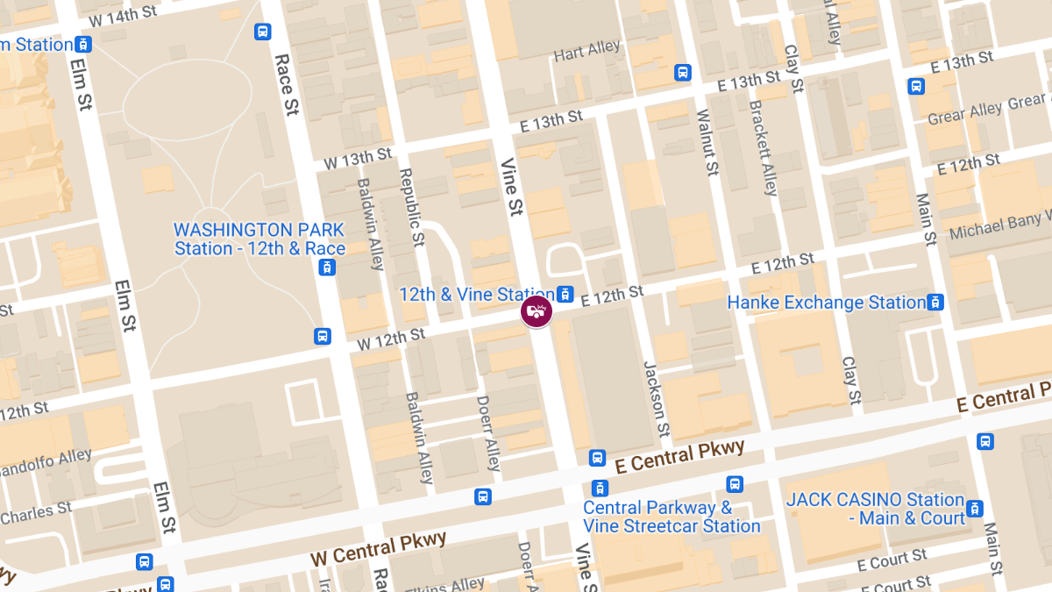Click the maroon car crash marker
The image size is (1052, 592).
point(537,311)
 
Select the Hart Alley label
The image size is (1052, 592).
point(586,51)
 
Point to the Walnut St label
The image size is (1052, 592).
point(707,141)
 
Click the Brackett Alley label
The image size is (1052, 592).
point(762,147)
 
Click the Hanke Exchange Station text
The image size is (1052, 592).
point(826,303)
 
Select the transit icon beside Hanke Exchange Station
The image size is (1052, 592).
point(935,303)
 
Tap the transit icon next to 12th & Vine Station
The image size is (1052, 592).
point(565,295)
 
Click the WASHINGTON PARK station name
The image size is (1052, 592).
point(259,239)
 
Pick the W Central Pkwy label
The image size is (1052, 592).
point(379,549)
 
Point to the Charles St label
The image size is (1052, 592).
point(36,513)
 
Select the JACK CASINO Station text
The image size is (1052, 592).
point(875,509)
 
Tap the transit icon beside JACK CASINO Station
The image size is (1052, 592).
point(974,509)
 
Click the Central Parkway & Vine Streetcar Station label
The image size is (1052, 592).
point(672,517)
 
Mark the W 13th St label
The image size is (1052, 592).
point(358,159)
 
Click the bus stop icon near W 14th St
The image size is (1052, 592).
point(262,32)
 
